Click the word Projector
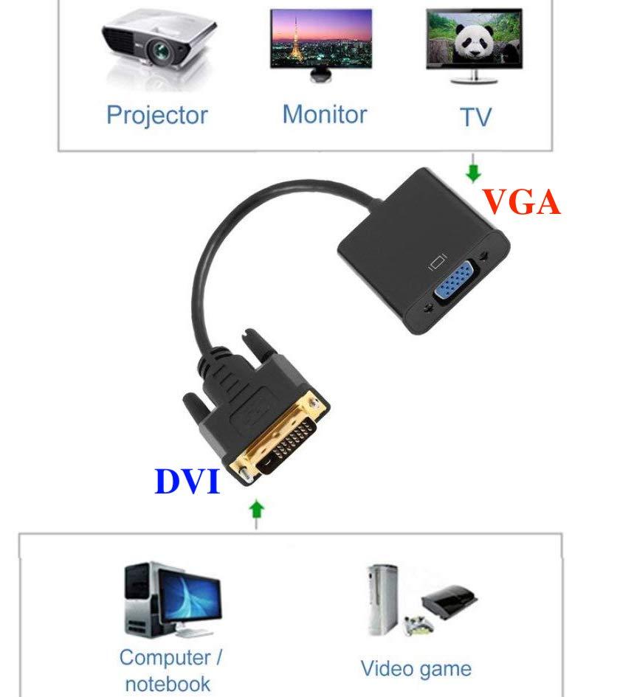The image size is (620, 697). click(x=157, y=116)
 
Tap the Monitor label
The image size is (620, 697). click(x=325, y=114)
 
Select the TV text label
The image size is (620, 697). click(x=475, y=117)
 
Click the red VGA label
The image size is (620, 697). click(x=521, y=202)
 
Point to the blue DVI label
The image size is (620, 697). click(x=187, y=482)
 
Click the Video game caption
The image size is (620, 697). click(x=416, y=669)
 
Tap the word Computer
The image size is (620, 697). click(x=165, y=657)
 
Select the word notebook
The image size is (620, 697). click(x=168, y=684)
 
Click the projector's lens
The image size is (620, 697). click(x=159, y=52)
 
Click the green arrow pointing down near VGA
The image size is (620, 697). click(x=473, y=169)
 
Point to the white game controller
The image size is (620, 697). click(x=418, y=624)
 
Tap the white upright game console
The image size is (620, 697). click(x=382, y=600)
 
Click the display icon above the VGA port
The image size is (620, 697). click(x=437, y=262)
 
